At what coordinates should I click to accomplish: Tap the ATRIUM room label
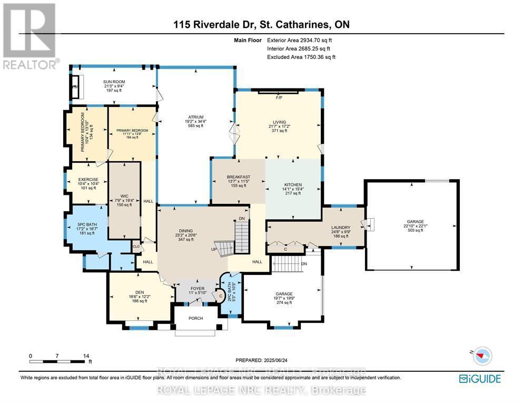[196, 117]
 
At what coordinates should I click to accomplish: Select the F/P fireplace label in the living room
[279, 97]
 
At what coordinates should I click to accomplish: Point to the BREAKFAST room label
[238, 177]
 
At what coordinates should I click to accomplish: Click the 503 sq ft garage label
[415, 230]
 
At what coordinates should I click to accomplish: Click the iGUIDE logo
[479, 378]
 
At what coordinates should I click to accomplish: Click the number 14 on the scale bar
[87, 356]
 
